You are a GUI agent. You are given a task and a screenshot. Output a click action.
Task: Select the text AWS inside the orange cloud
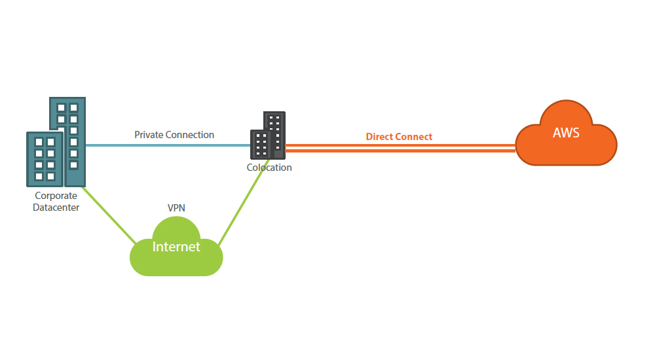click(566, 133)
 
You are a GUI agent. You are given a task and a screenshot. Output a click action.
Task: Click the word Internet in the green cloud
click(176, 247)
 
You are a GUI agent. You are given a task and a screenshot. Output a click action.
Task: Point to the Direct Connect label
click(399, 137)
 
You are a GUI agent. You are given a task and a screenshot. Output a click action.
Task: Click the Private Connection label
click(174, 135)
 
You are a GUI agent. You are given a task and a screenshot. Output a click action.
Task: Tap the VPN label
click(177, 207)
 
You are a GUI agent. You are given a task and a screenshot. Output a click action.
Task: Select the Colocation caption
click(269, 168)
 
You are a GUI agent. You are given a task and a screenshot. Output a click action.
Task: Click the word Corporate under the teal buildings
click(56, 196)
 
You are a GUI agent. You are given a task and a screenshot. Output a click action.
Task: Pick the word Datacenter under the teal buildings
click(56, 207)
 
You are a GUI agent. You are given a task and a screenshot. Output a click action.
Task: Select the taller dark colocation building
click(276, 124)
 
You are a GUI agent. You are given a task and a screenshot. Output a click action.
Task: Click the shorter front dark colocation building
click(261, 144)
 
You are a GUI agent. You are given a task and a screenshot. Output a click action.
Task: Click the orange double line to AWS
click(400, 148)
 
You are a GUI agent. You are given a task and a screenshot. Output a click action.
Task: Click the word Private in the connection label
click(148, 135)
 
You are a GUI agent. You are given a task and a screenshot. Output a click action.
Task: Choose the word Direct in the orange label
click(379, 137)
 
